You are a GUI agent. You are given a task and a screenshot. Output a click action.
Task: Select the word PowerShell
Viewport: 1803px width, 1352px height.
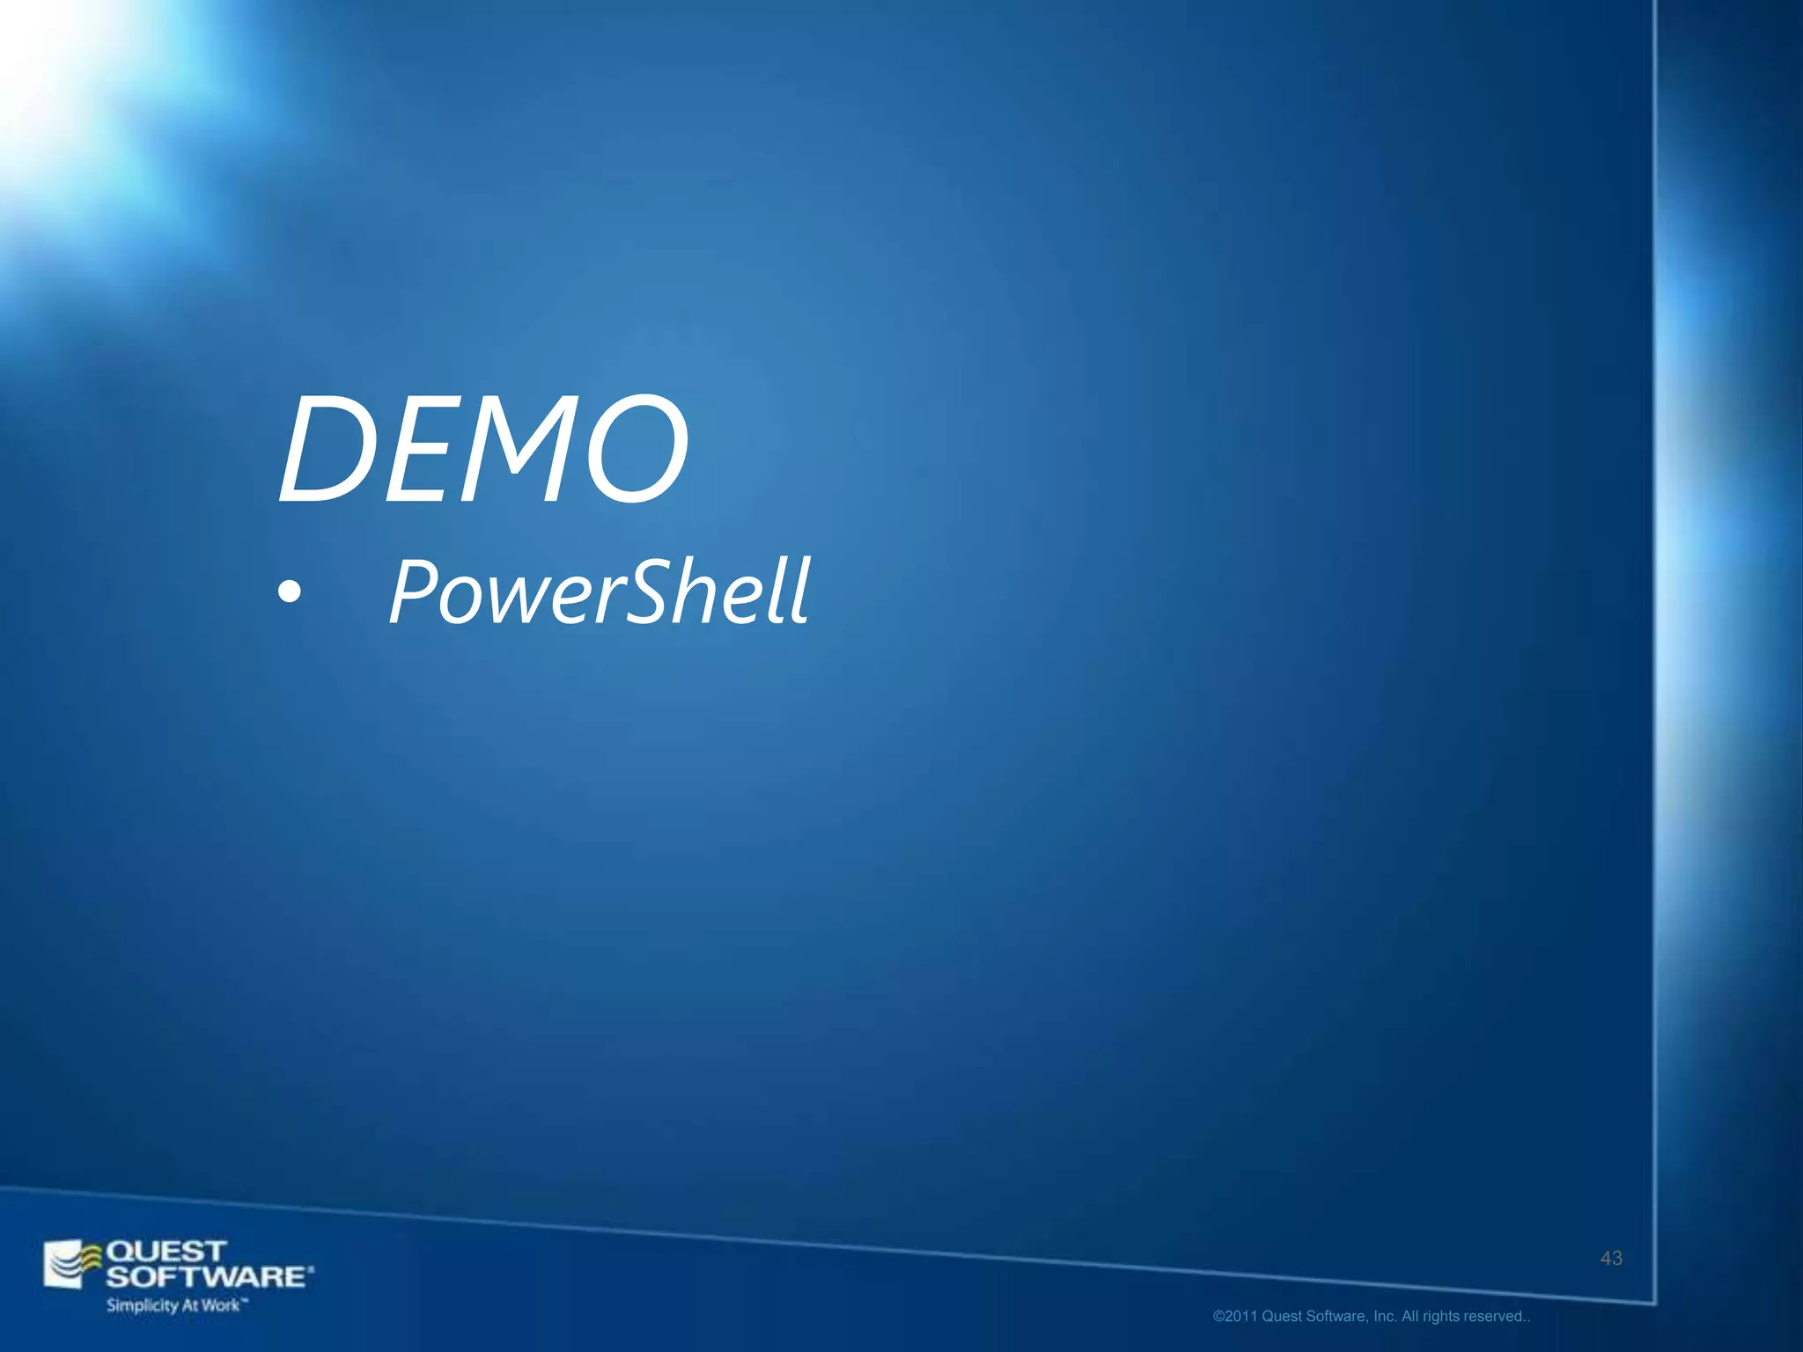pos(599,591)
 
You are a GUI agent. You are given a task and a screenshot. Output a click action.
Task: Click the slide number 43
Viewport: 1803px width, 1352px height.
pos(1611,1259)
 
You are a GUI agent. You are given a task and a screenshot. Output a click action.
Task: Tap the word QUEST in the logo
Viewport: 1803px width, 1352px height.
pos(166,1251)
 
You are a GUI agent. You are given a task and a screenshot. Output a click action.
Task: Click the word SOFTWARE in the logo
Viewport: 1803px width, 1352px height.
pos(208,1276)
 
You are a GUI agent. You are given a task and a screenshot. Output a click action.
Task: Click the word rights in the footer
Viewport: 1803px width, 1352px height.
pos(1442,1317)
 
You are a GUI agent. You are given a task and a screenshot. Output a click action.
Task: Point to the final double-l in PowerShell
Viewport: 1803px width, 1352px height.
pos(792,591)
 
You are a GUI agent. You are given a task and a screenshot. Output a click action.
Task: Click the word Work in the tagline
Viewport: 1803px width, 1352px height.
pos(220,1305)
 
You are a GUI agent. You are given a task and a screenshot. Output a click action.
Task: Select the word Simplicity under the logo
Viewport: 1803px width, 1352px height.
pos(142,1305)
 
